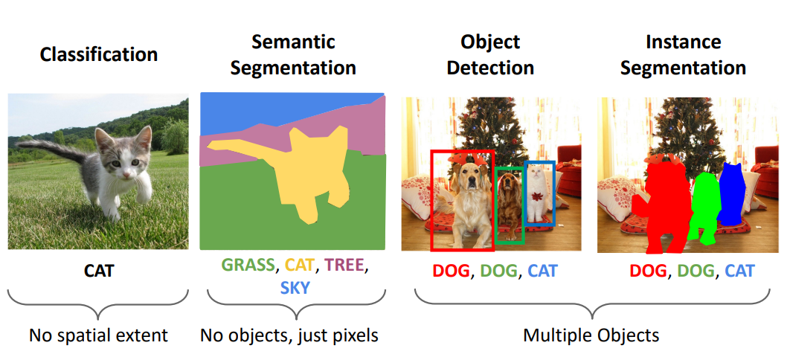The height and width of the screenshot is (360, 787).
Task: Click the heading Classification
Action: click(x=98, y=54)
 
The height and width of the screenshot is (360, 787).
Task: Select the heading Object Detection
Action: click(x=491, y=54)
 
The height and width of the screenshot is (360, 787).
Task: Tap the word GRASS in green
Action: click(x=248, y=265)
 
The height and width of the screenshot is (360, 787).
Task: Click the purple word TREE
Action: click(x=345, y=265)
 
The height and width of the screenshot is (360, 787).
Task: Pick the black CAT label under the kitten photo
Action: click(x=98, y=271)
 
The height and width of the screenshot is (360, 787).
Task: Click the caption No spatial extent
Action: click(x=98, y=335)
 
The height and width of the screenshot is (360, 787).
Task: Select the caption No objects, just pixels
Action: click(x=289, y=335)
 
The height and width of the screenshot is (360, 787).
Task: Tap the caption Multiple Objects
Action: click(x=591, y=335)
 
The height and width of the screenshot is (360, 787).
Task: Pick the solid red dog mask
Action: click(x=664, y=208)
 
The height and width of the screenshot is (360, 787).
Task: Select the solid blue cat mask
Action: click(x=732, y=193)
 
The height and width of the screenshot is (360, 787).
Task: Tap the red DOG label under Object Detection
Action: click(x=451, y=271)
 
